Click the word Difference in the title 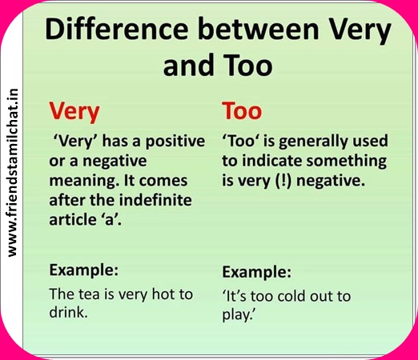click(x=117, y=29)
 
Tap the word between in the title click(x=258, y=29)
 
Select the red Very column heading click(x=74, y=112)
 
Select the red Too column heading click(x=242, y=110)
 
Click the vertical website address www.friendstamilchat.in click(x=13, y=173)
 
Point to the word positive click(x=175, y=142)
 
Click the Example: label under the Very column click(x=84, y=270)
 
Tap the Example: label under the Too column click(x=257, y=272)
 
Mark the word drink click(x=69, y=312)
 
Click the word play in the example click(x=237, y=315)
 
